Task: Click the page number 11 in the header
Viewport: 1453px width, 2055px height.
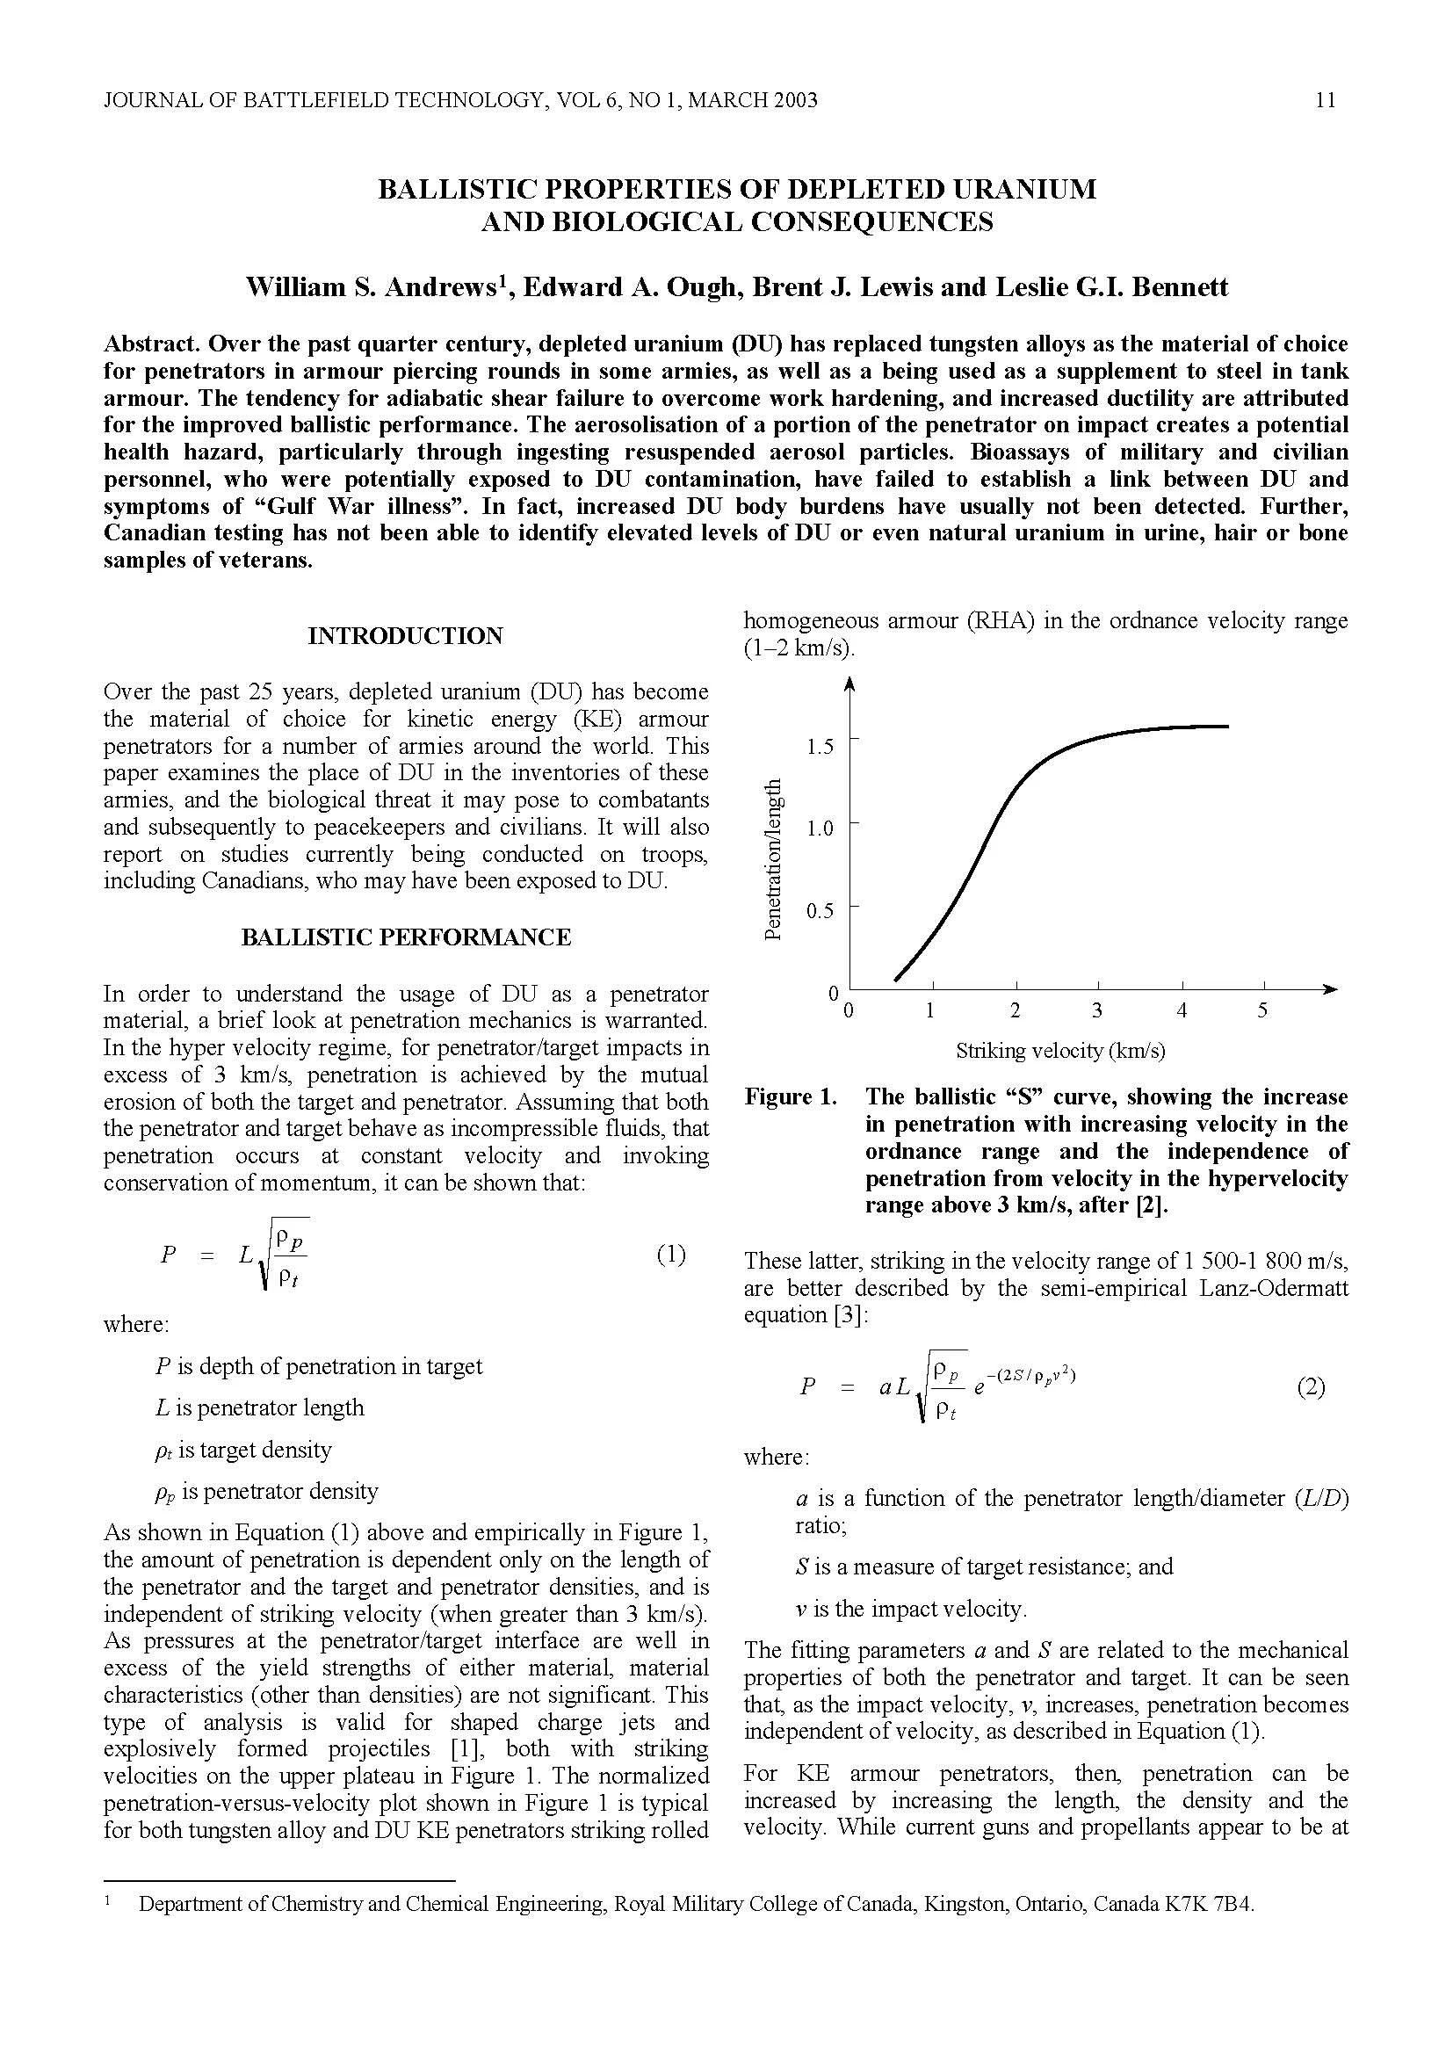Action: click(1326, 100)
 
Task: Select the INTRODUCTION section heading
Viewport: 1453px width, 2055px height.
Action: click(405, 635)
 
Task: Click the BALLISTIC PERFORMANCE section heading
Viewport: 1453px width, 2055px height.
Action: click(405, 937)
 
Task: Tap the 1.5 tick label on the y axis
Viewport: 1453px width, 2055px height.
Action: click(819, 747)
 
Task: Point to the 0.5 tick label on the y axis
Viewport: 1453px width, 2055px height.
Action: click(819, 911)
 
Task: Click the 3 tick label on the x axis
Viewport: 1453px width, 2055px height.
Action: click(1097, 1010)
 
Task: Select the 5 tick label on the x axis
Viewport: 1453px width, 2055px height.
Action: click(1262, 1010)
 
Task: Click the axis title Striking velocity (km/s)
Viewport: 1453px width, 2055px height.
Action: click(1060, 1050)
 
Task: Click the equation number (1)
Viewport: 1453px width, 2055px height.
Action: click(671, 1254)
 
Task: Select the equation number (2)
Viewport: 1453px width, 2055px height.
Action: click(1311, 1387)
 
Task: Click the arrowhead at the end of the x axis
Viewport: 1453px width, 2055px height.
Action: click(1330, 988)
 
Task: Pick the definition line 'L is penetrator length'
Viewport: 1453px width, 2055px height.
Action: click(259, 1407)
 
